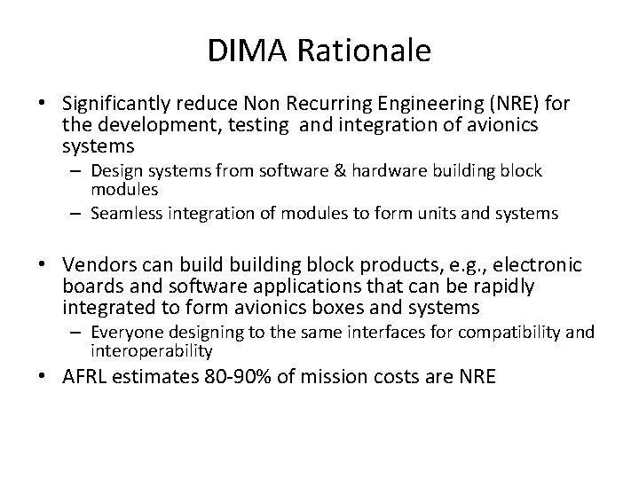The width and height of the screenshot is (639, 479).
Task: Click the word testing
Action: click(x=257, y=125)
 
